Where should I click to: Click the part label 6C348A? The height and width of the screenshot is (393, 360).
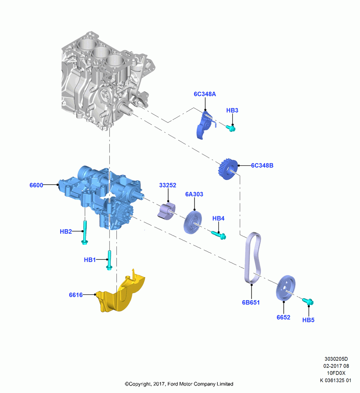pyautogui.click(x=205, y=94)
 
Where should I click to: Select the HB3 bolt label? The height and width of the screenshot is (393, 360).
pyautogui.click(x=232, y=110)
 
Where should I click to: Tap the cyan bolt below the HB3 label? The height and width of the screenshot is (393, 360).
pyautogui.click(x=231, y=129)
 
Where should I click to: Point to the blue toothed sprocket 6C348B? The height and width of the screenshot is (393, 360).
pyautogui.click(x=228, y=169)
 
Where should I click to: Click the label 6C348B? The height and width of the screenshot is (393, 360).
pyautogui.click(x=262, y=165)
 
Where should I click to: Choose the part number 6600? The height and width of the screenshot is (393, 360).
pyautogui.click(x=36, y=185)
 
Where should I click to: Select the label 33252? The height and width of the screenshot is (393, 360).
pyautogui.click(x=168, y=185)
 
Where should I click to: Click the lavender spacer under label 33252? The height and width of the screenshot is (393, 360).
pyautogui.click(x=167, y=211)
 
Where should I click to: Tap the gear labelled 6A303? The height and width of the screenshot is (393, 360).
pyautogui.click(x=193, y=222)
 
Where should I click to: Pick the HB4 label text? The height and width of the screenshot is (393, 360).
pyautogui.click(x=219, y=218)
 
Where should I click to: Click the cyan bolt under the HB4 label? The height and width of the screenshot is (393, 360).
pyautogui.click(x=219, y=235)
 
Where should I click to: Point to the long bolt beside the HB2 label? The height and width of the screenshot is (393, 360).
pyautogui.click(x=85, y=232)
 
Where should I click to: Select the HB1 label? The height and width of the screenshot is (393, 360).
pyautogui.click(x=90, y=260)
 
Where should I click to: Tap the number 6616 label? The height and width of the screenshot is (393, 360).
pyautogui.click(x=76, y=295)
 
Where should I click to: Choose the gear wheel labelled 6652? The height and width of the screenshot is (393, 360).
pyautogui.click(x=286, y=288)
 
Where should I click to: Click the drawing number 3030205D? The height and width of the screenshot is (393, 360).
pyautogui.click(x=336, y=359)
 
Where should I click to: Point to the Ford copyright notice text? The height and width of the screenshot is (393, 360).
pyautogui.click(x=179, y=384)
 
